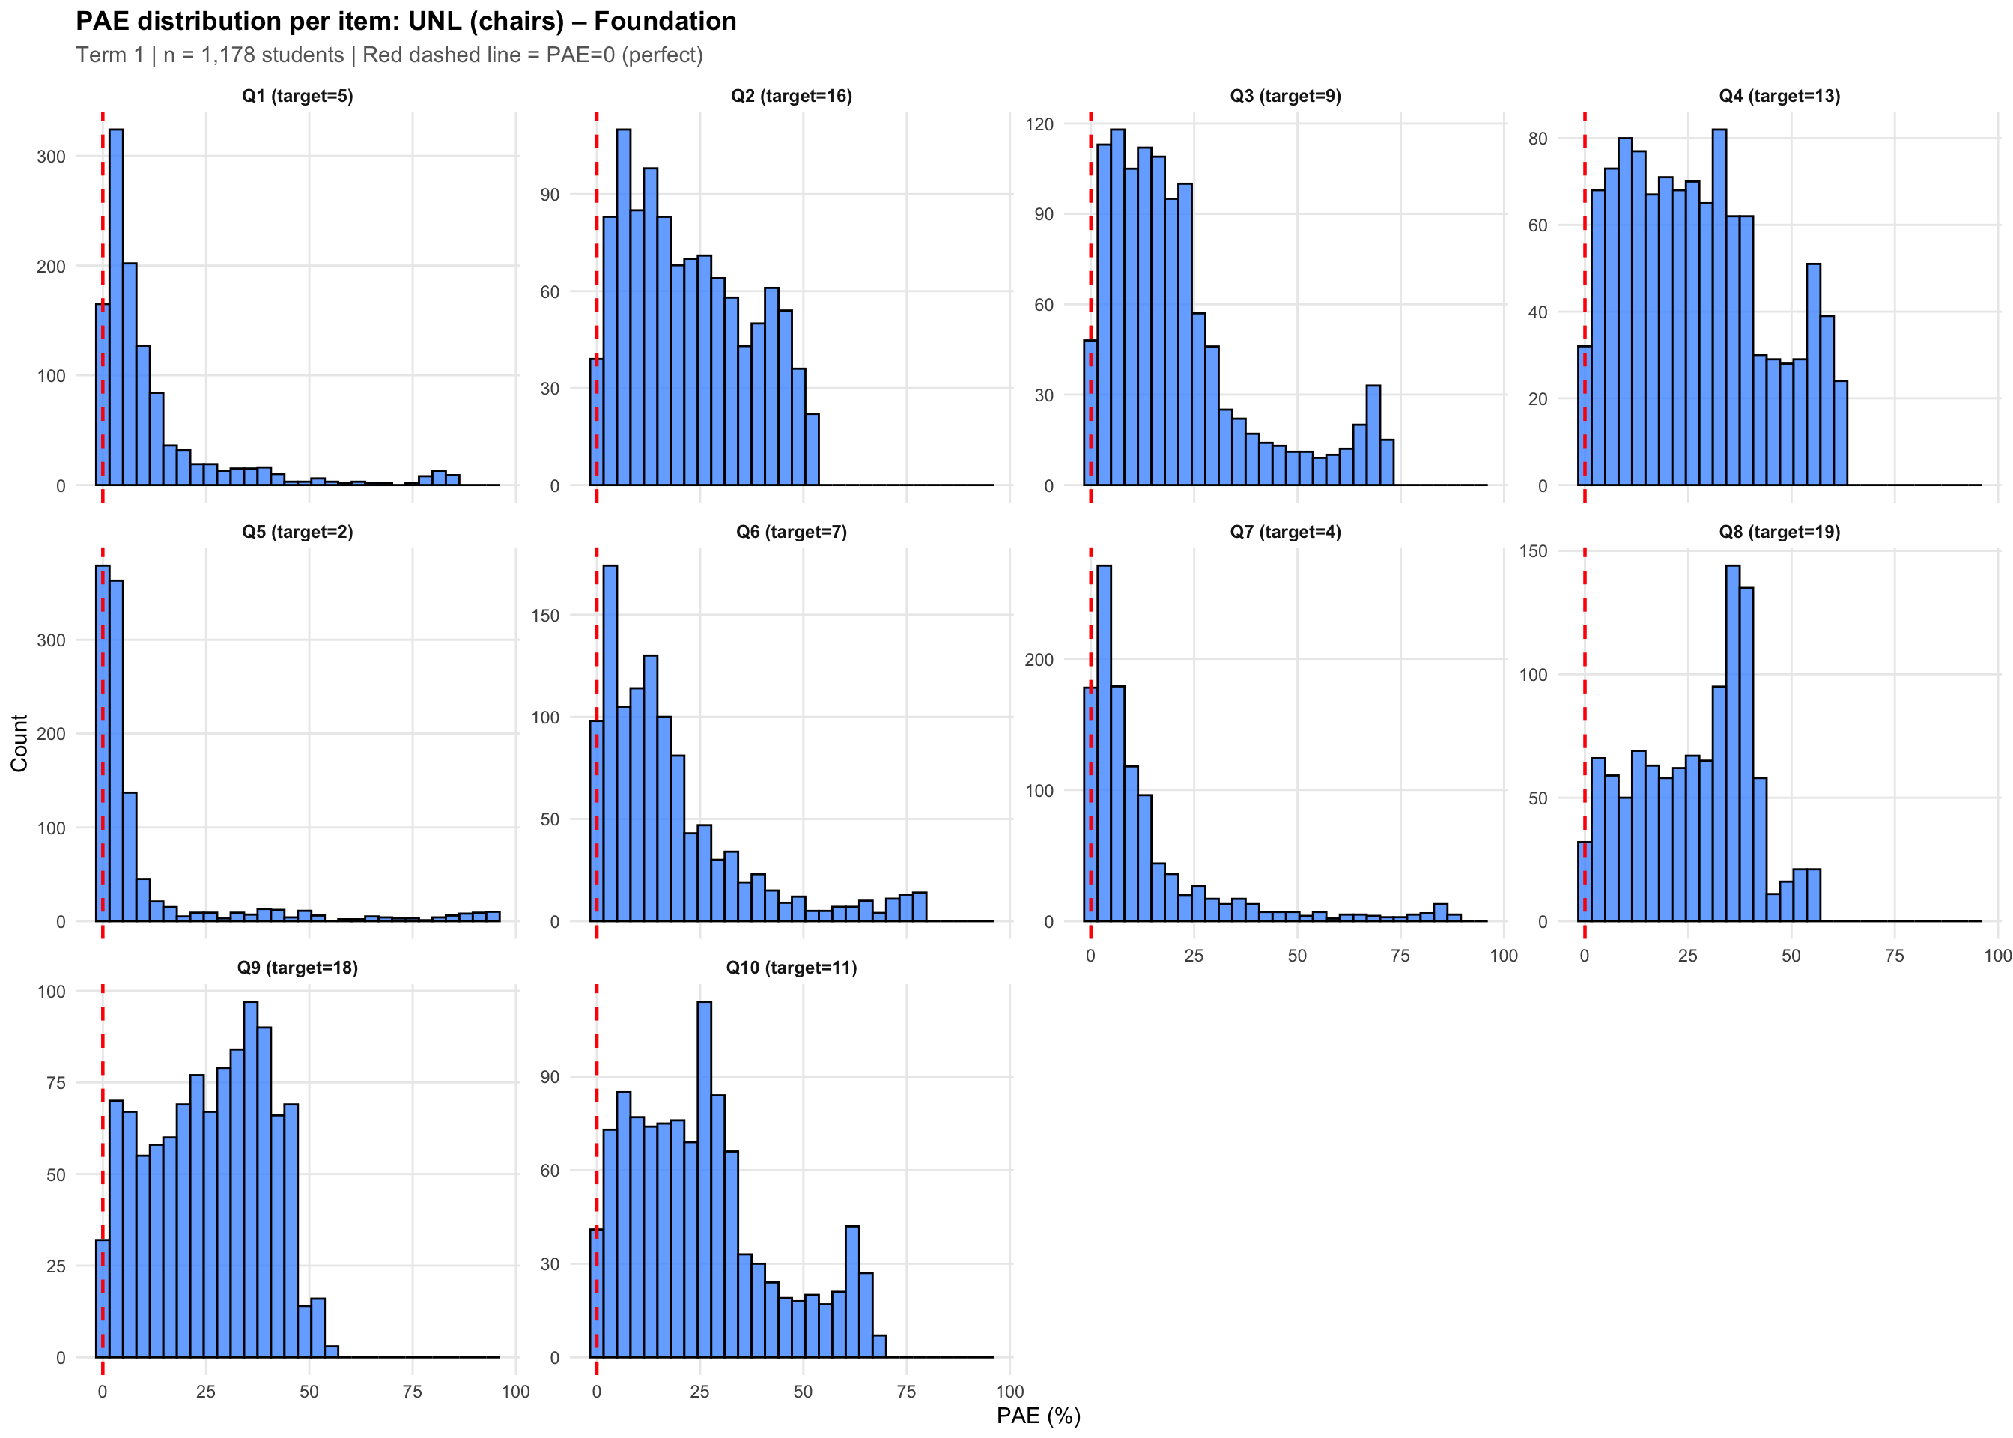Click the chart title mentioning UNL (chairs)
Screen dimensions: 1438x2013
(x=405, y=21)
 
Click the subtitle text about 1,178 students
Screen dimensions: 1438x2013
(x=389, y=55)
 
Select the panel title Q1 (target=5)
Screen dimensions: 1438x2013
(x=297, y=96)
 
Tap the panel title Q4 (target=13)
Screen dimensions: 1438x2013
(x=1779, y=96)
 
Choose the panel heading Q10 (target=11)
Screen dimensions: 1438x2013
(x=792, y=967)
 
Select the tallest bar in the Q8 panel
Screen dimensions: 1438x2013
(x=1732, y=743)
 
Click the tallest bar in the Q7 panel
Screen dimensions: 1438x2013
(x=1104, y=743)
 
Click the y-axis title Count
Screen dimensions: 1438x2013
(x=19, y=743)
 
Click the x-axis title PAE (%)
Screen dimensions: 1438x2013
(x=1039, y=1415)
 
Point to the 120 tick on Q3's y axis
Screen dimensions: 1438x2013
(x=1039, y=124)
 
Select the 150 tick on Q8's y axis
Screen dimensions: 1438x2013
(x=1533, y=552)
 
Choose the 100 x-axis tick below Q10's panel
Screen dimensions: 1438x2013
(x=1009, y=1391)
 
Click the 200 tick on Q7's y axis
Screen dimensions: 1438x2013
(x=1039, y=660)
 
